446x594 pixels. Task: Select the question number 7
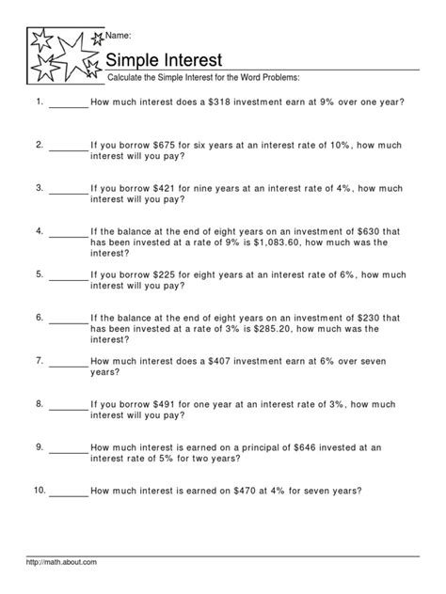[x=40, y=360]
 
